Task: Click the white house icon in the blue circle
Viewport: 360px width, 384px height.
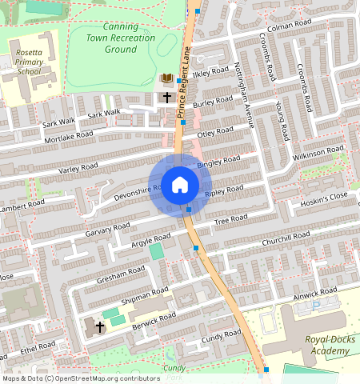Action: (x=180, y=185)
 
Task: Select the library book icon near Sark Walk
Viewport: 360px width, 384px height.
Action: (x=167, y=78)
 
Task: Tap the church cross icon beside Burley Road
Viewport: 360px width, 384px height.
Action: (x=167, y=97)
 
